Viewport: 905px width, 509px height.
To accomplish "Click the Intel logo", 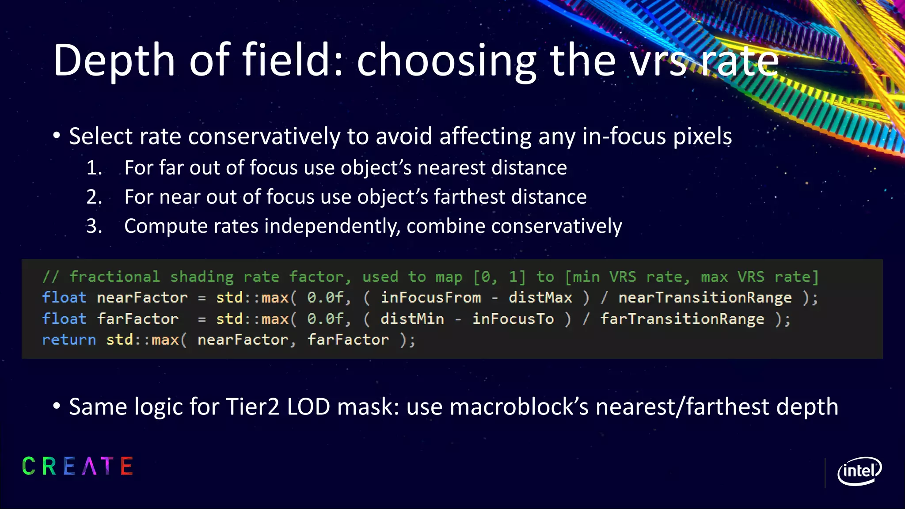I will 859,471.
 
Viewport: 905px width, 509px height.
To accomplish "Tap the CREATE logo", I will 78,467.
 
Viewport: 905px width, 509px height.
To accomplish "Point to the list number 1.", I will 94,168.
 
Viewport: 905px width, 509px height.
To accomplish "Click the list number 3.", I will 94,227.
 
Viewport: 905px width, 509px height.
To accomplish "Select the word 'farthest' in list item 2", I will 469,197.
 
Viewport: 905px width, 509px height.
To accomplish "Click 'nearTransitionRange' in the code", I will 705,298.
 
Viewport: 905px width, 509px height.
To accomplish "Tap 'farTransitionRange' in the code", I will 682,319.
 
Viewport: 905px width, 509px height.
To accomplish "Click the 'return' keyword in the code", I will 69,340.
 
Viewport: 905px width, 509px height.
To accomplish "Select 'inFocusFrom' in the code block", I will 431,298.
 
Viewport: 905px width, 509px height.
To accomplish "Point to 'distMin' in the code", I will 412,319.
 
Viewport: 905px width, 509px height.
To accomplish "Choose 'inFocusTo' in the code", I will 513,319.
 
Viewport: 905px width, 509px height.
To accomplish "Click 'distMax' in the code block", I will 540,298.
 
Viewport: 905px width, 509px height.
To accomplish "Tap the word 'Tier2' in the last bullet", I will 252,407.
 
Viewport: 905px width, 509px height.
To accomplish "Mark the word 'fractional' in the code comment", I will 114,277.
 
